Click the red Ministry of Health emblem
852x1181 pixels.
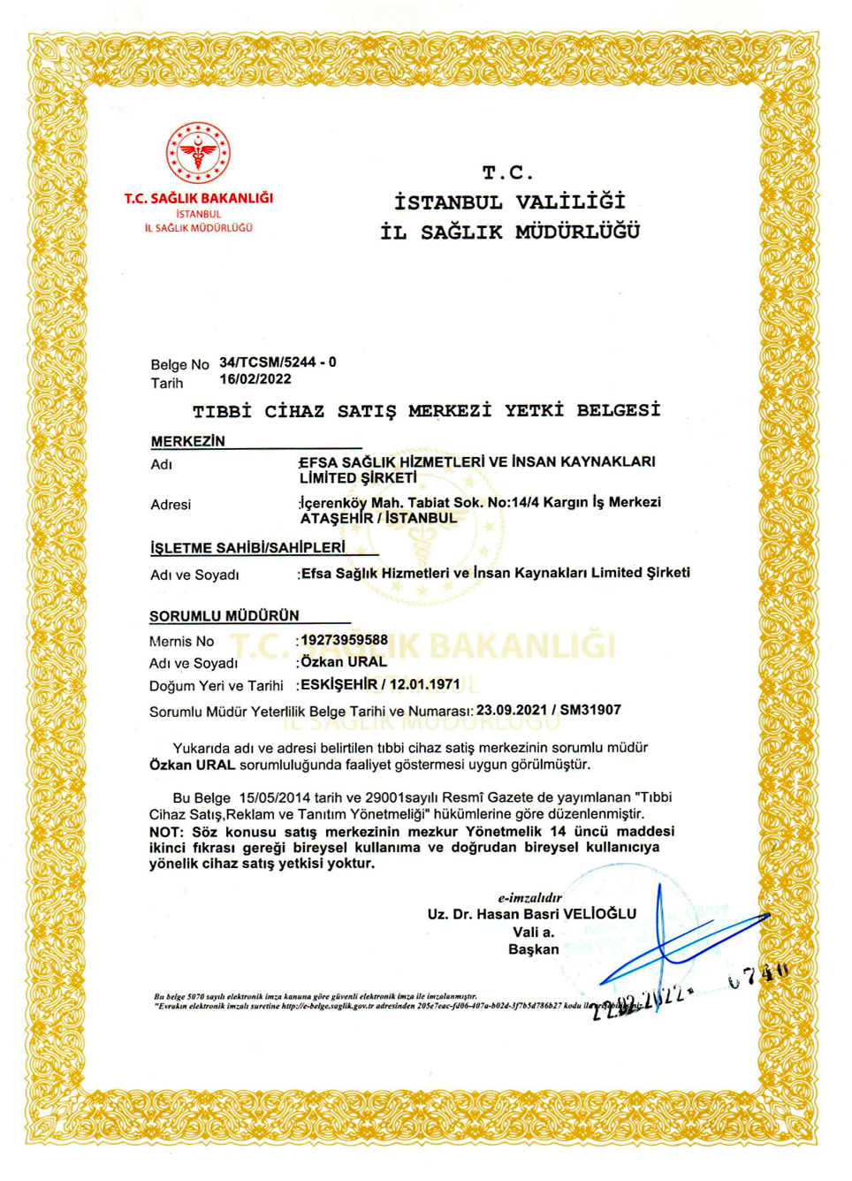click(198, 153)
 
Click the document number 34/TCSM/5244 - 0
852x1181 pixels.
click(278, 362)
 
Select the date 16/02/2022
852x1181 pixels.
click(255, 379)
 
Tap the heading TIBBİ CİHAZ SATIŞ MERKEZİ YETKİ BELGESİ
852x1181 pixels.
click(426, 411)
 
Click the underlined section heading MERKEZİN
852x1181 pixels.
click(187, 441)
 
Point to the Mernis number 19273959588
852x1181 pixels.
click(344, 640)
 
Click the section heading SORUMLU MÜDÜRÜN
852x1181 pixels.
click(224, 615)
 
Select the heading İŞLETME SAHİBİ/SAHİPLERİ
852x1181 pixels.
click(247, 548)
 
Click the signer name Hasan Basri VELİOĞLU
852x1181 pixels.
click(556, 914)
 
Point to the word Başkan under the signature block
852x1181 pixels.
click(534, 949)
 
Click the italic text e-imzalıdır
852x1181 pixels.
click(529, 897)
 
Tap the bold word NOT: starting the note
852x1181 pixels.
click(166, 832)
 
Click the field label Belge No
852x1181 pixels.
click(179, 364)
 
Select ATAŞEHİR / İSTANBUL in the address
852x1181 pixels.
click(378, 519)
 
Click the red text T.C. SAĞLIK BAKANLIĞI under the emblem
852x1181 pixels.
click(198, 198)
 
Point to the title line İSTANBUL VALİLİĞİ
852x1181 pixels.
click(510, 202)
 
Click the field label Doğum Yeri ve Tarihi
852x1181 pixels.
click(216, 686)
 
